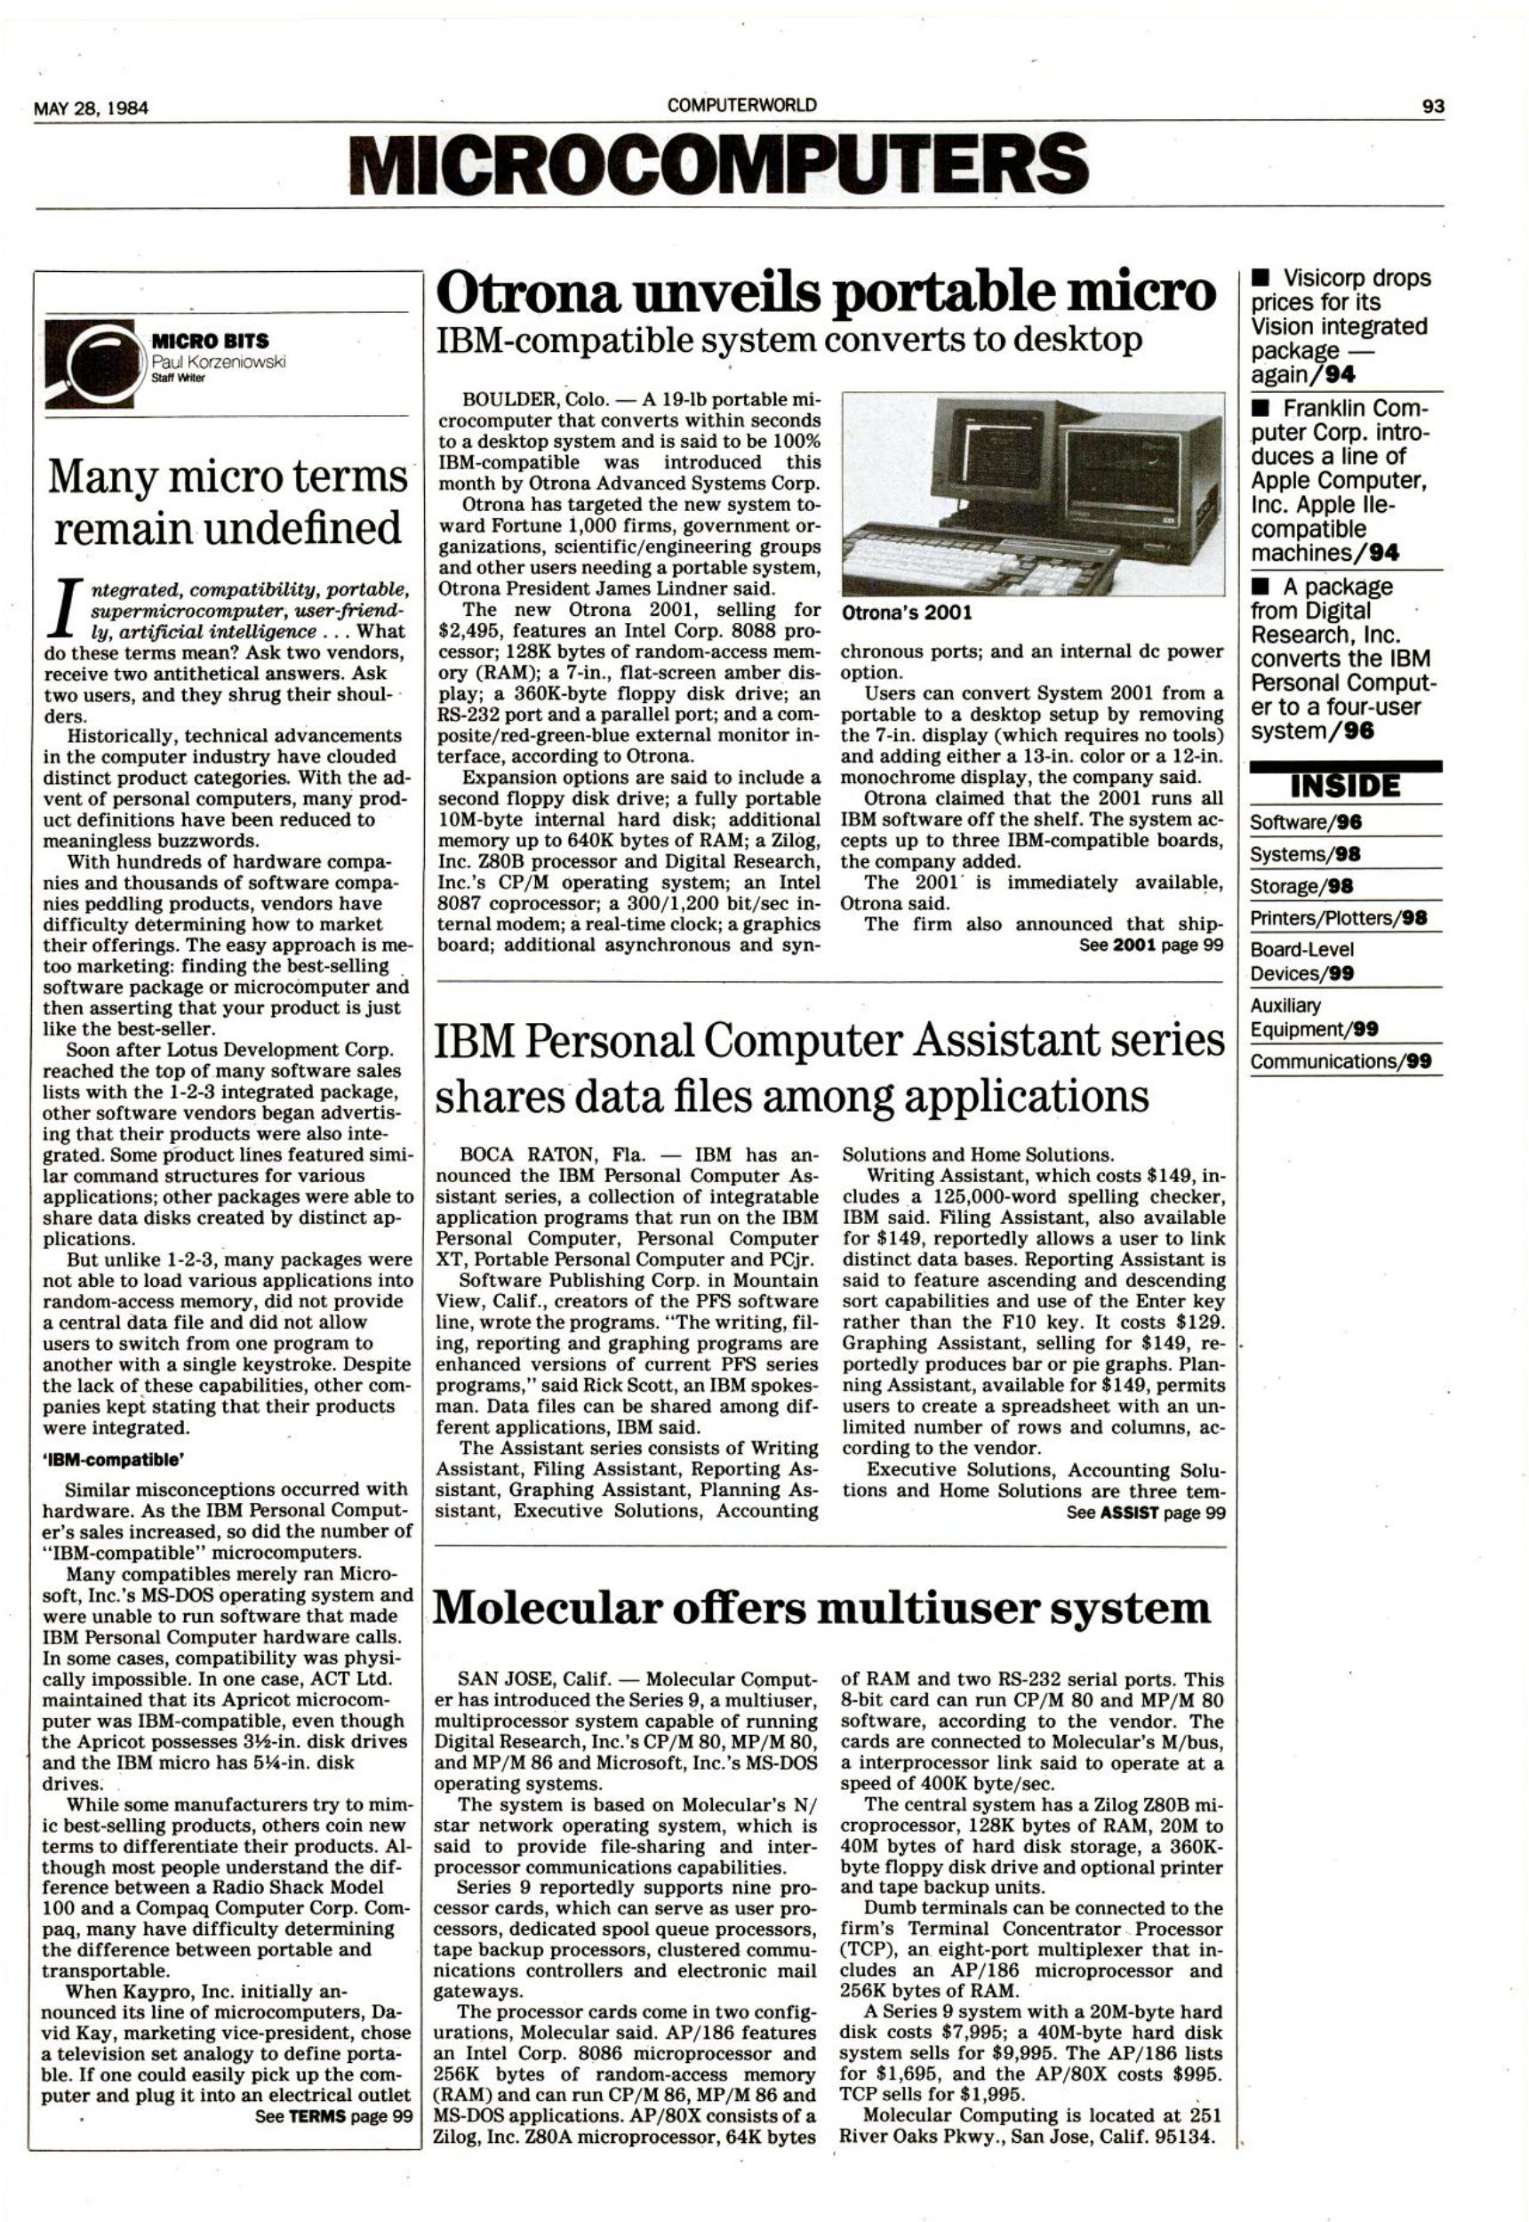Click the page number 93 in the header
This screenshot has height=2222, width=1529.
[x=1433, y=107]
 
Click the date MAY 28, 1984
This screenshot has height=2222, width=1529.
[x=91, y=108]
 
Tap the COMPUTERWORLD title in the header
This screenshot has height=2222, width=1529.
[x=742, y=106]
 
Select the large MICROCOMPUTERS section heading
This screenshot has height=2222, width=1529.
[x=719, y=163]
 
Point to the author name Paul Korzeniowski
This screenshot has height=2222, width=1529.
[x=219, y=360]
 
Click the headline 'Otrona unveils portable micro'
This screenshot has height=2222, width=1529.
[x=825, y=292]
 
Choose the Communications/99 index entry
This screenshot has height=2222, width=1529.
[x=1345, y=1061]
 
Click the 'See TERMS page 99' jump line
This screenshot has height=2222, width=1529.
[x=332, y=2115]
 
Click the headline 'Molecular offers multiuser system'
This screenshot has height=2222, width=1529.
[x=822, y=1608]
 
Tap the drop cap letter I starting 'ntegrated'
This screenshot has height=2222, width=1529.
[x=63, y=612]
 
